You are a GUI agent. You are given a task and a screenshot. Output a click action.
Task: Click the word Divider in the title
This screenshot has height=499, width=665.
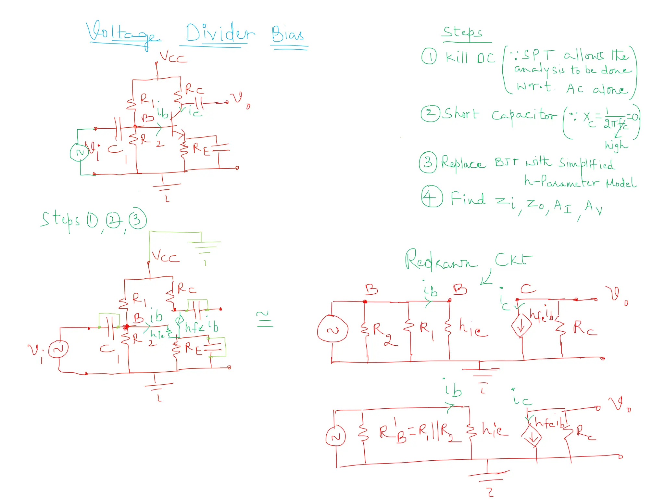point(220,33)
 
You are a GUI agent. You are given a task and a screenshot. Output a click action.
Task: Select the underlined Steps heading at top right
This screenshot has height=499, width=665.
point(463,32)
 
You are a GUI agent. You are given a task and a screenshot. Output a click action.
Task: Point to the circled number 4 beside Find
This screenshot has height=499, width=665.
point(432,197)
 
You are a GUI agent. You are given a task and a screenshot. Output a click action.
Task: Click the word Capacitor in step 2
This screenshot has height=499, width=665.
point(523,115)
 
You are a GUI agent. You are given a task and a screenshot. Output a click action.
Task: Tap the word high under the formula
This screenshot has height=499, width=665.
point(616,145)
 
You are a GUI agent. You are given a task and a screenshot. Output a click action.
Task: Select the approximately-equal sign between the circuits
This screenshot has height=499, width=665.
point(265,319)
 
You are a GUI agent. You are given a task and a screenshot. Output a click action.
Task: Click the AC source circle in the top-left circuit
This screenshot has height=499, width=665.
point(79,152)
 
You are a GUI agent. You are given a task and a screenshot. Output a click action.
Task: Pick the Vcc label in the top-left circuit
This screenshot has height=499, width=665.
point(173,57)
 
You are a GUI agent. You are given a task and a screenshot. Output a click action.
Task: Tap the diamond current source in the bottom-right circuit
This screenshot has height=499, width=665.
point(532,437)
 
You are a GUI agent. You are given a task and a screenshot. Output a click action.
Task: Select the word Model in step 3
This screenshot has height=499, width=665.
point(621,183)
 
